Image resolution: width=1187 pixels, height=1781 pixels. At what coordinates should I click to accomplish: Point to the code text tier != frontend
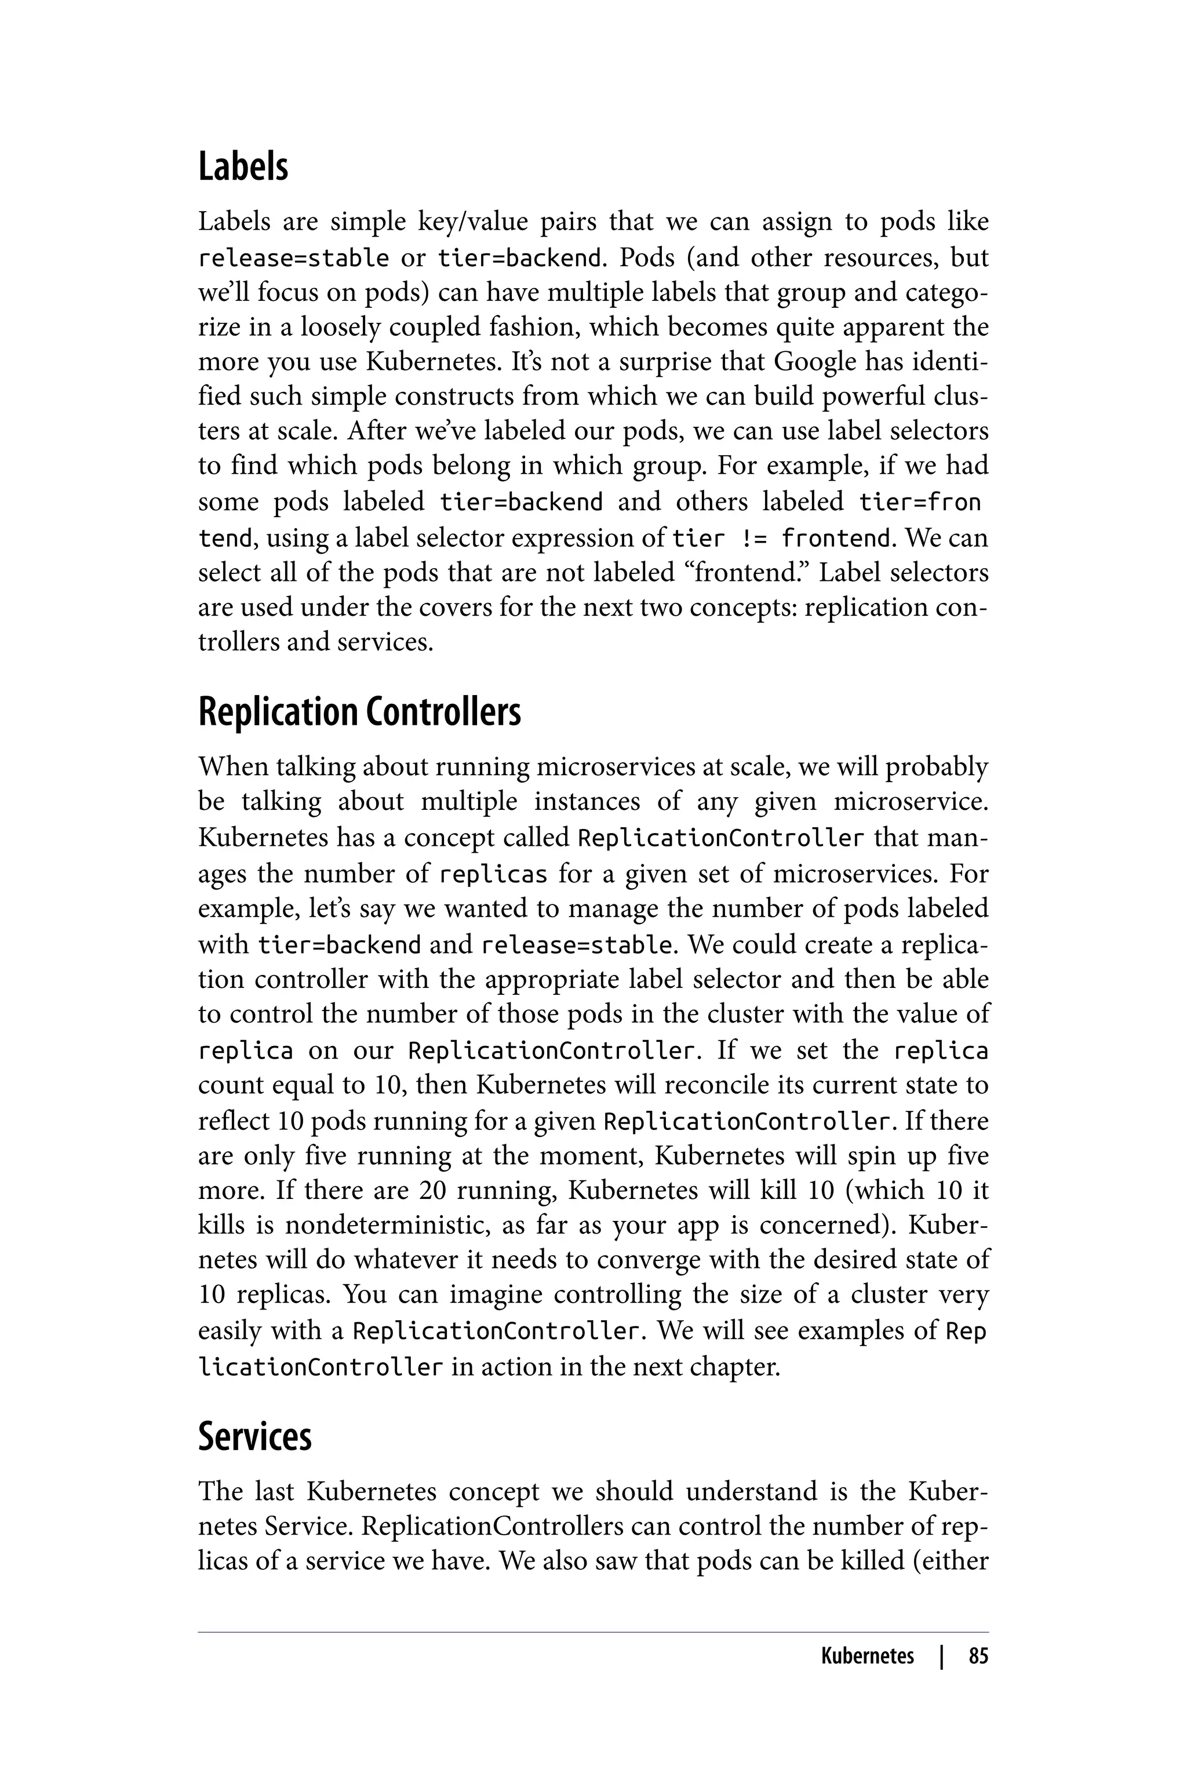click(781, 539)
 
